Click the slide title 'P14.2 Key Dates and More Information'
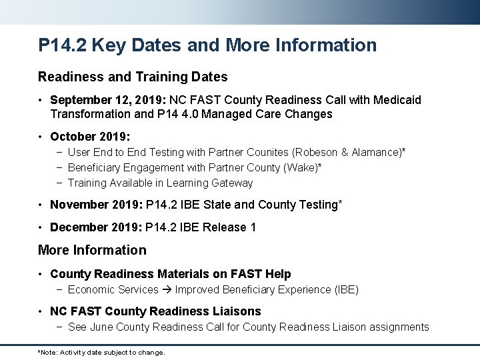(x=207, y=45)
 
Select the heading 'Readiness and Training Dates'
(x=133, y=77)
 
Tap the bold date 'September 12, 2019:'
(x=108, y=100)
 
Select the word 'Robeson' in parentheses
(x=316, y=153)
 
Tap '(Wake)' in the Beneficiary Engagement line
(x=301, y=168)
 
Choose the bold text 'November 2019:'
(x=90, y=205)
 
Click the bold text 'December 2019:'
(x=90, y=227)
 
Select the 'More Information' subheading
(x=92, y=250)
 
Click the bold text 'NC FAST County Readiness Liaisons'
(x=155, y=311)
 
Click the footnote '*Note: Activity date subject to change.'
(x=101, y=352)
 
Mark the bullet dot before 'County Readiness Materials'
(x=41, y=274)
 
